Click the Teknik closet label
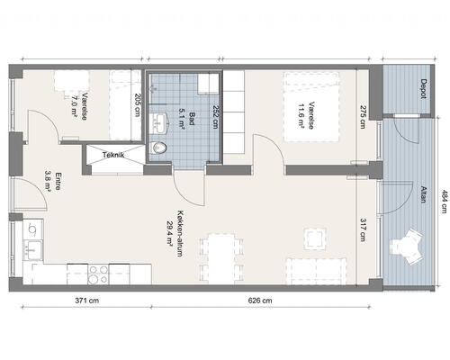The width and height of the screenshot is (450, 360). [x=113, y=155]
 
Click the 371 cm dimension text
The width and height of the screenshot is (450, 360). [x=86, y=301]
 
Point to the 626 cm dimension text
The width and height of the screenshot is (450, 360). [x=260, y=301]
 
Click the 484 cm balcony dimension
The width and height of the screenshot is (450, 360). [x=444, y=202]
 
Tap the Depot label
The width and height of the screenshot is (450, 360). [x=423, y=89]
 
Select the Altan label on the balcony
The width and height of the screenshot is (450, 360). [x=423, y=194]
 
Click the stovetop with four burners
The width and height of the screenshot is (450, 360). [x=98, y=274]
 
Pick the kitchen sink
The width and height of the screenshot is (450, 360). [x=33, y=250]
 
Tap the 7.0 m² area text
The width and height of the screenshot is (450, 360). [x=74, y=107]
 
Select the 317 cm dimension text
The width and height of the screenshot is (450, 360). [x=363, y=229]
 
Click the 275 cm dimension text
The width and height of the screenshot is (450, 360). [x=363, y=117]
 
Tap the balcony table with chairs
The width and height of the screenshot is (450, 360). [x=407, y=247]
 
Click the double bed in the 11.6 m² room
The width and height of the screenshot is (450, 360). [x=311, y=106]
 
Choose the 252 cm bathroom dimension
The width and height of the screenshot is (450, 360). [x=215, y=117]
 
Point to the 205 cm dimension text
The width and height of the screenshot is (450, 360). [x=138, y=104]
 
